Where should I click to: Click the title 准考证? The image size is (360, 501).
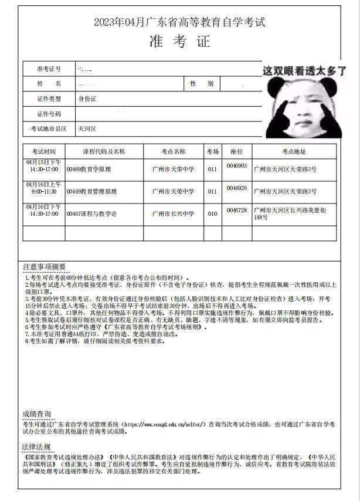point(179,42)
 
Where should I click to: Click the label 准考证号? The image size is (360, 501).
point(49,69)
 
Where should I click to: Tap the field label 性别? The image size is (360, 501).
point(201,84)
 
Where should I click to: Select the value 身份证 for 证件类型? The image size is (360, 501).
point(87,99)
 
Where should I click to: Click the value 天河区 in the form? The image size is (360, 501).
point(87,128)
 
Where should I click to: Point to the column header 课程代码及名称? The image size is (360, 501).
point(104,151)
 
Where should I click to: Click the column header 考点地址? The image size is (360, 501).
point(294,151)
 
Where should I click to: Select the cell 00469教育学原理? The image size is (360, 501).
point(89,169)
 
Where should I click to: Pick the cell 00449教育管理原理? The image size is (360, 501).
point(91,191)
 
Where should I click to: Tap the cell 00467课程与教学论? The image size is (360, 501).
point(91,214)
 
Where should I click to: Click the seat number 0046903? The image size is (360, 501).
point(237,166)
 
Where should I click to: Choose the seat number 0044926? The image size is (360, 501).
point(237,188)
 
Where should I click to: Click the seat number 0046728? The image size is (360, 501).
point(237,210)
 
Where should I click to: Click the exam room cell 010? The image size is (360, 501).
point(212,214)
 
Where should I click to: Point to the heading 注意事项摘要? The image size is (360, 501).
point(45,267)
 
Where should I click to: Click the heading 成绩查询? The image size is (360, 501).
point(36,414)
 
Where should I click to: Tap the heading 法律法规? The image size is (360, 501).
point(36,447)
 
